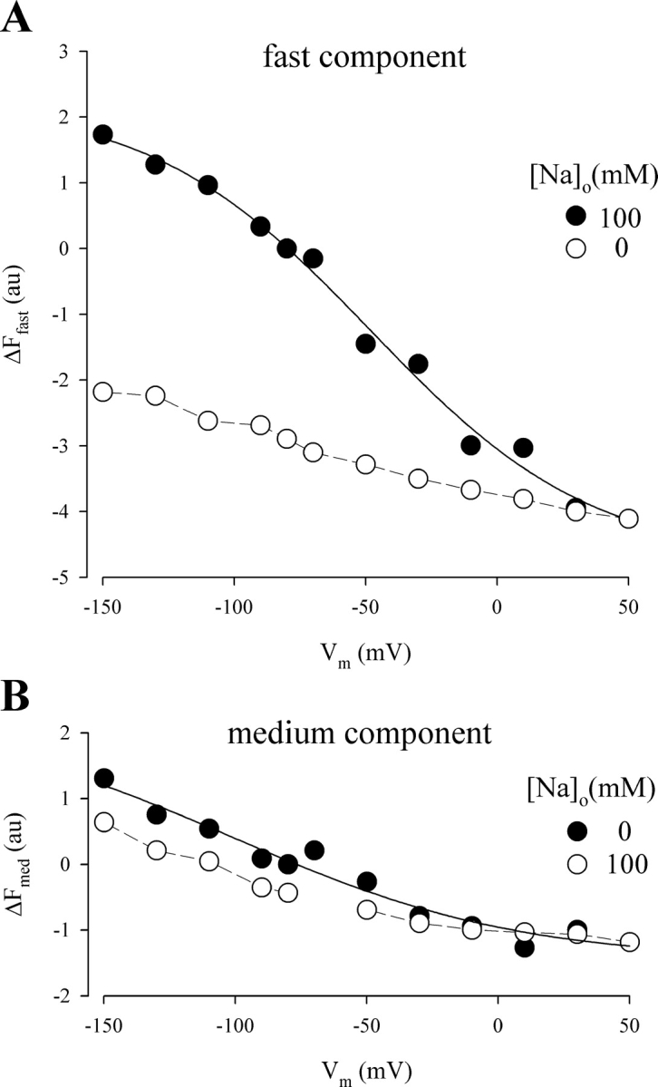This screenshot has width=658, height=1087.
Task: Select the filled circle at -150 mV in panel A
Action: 102,134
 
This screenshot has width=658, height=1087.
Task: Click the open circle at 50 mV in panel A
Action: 628,519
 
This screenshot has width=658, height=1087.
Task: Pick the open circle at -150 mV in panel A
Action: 102,392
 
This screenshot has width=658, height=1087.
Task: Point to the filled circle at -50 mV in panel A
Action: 365,344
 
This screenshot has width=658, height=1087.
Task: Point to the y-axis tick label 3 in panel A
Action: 63,52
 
